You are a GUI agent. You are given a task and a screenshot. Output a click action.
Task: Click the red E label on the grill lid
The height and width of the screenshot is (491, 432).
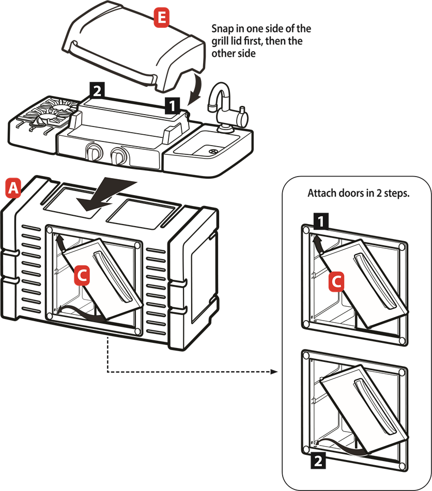[x=161, y=18]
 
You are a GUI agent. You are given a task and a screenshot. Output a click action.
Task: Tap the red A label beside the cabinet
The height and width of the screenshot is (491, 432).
[x=13, y=188]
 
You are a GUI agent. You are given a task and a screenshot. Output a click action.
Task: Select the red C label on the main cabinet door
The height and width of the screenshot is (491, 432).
[x=82, y=276]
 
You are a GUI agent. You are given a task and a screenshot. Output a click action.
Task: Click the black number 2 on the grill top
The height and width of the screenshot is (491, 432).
[x=97, y=90]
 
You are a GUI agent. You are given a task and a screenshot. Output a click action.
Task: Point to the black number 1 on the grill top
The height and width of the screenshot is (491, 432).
[x=172, y=105]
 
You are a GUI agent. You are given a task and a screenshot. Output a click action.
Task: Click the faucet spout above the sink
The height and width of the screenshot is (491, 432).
[x=220, y=96]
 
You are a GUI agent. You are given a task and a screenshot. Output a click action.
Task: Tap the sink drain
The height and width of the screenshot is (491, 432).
[x=213, y=151]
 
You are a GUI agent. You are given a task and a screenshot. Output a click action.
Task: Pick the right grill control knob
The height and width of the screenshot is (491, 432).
[x=118, y=155]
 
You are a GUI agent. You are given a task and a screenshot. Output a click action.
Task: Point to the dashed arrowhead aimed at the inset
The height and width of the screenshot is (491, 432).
[x=274, y=372]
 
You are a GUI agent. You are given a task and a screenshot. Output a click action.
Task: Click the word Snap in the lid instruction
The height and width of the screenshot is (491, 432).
[x=222, y=29]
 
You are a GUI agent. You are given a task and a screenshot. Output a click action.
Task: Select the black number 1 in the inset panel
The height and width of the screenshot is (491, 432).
[x=321, y=221]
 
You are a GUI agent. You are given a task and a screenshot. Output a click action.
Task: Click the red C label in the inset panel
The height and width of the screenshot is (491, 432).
[x=336, y=281]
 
